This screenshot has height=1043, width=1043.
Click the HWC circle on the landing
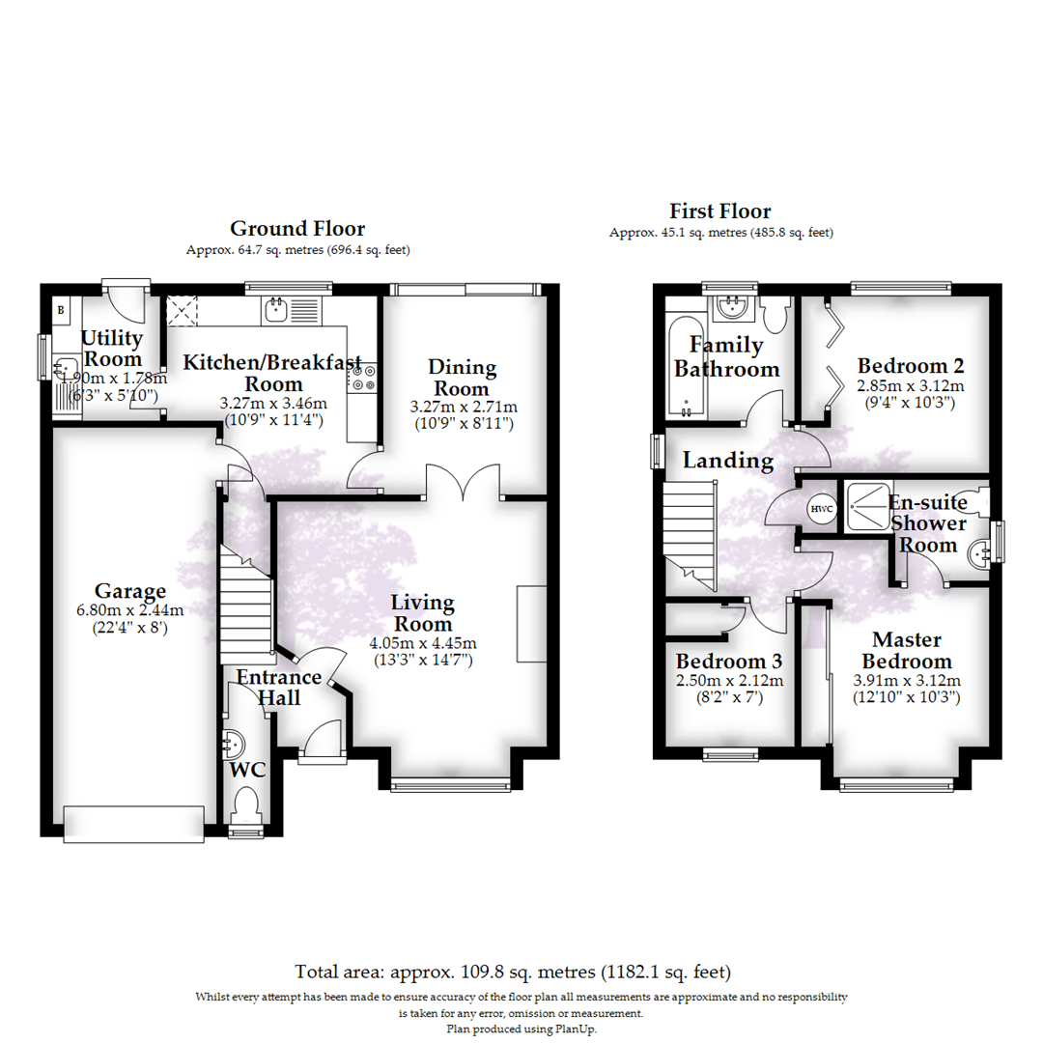tap(821, 508)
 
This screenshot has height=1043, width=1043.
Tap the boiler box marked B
tap(60, 310)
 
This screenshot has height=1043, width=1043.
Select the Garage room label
tap(130, 591)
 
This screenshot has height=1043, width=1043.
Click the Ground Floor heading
tap(297, 229)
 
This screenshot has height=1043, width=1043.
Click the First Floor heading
tap(720, 211)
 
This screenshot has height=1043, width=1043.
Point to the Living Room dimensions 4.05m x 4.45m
tap(423, 643)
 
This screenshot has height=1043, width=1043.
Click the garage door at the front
tap(133, 820)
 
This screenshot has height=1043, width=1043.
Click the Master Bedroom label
tap(906, 650)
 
